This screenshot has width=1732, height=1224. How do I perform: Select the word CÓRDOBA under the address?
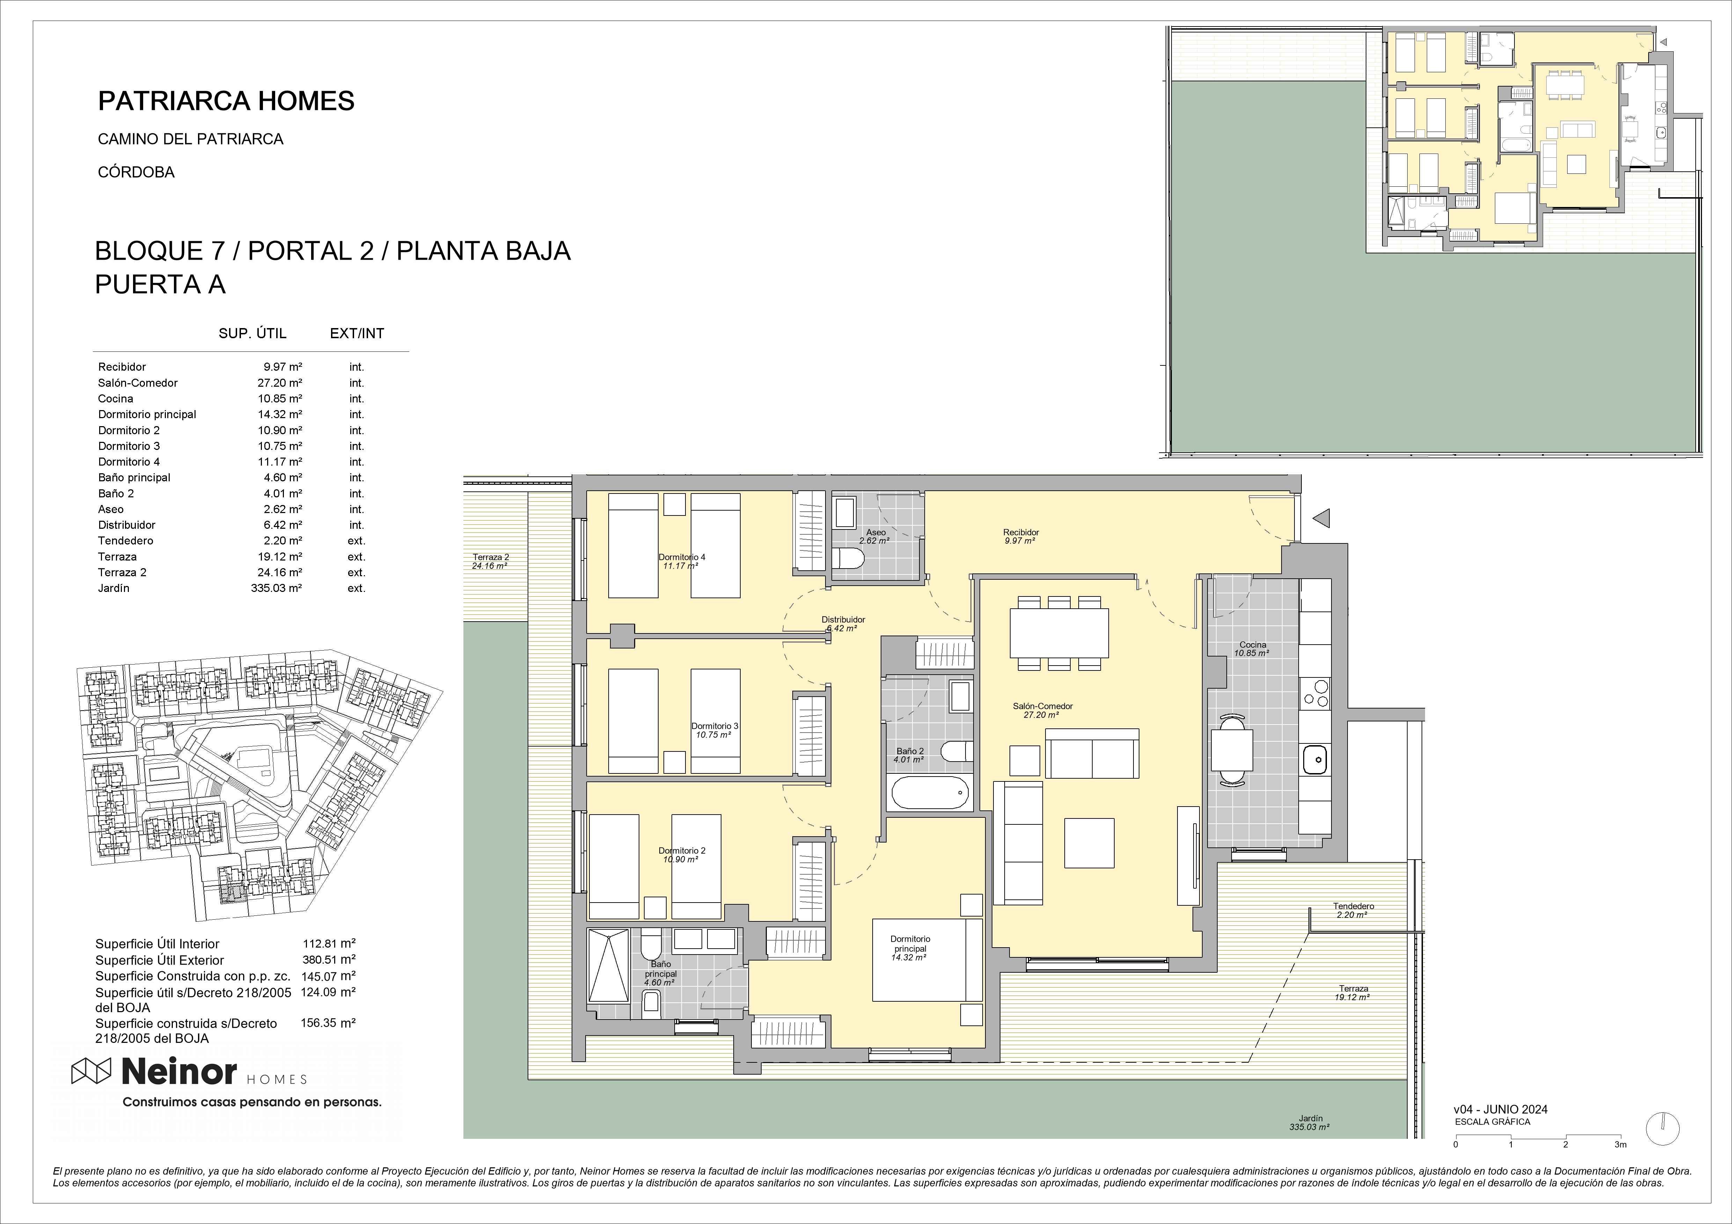tap(136, 172)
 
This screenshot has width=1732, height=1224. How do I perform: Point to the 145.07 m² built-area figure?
tap(329, 976)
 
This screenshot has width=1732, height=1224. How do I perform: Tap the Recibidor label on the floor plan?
tap(1021, 533)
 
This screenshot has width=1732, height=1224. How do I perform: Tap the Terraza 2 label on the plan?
tap(490, 557)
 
